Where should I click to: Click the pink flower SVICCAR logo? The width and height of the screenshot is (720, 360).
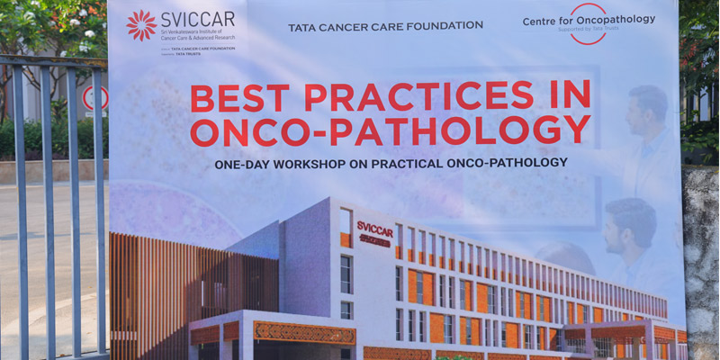tap(141, 24)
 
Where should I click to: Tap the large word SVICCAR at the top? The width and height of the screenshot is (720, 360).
tap(197, 20)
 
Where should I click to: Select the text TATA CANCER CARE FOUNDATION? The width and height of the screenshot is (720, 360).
tap(385, 26)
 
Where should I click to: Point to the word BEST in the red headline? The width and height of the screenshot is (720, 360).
tap(239, 96)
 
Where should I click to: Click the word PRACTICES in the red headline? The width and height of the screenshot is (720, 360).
tap(418, 95)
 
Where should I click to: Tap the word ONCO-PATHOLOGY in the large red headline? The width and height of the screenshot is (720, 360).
tap(390, 130)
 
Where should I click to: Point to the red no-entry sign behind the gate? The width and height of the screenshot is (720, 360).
tap(92, 98)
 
